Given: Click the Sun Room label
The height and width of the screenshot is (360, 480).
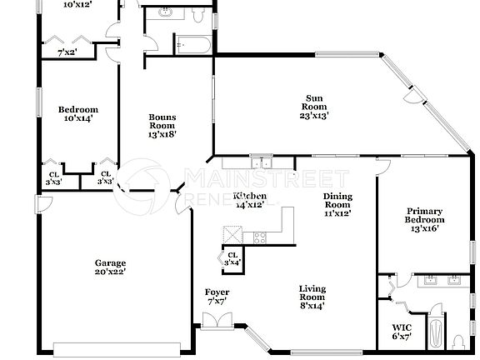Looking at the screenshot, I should pyautogui.click(x=314, y=106).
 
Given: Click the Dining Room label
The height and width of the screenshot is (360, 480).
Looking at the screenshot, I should pyautogui.click(x=337, y=202).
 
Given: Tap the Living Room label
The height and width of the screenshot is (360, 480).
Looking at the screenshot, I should pyautogui.click(x=312, y=295).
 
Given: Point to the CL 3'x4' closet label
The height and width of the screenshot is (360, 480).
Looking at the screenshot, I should pyautogui.click(x=232, y=258).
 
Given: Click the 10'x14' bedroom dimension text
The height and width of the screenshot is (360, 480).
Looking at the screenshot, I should pyautogui.click(x=77, y=118).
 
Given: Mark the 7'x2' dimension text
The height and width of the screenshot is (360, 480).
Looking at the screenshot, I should pyautogui.click(x=68, y=53).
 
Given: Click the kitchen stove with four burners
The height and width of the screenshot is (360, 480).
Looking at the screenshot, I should pyautogui.click(x=259, y=236).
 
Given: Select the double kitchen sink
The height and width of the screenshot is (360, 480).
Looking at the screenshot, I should pyautogui.click(x=262, y=163).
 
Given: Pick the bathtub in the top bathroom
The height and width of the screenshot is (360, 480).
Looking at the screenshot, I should pyautogui.click(x=194, y=43).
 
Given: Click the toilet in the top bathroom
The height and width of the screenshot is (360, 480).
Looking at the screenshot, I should pyautogui.click(x=197, y=15).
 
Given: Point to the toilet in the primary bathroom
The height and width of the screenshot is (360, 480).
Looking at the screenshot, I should pyautogui.click(x=459, y=342).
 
